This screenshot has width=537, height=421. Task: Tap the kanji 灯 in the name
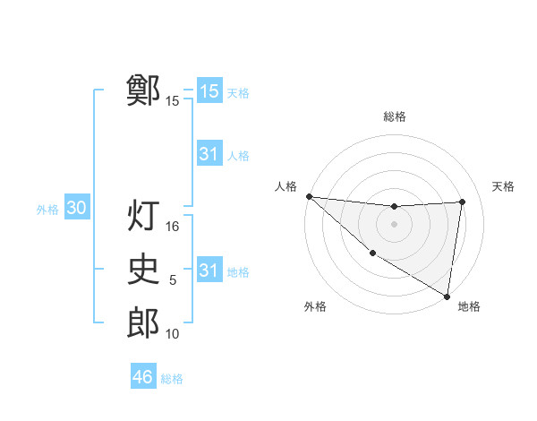click(x=143, y=215)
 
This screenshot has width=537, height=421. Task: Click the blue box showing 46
click(x=143, y=377)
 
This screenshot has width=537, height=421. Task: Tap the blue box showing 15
click(x=209, y=91)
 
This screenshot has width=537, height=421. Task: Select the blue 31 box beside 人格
click(x=209, y=154)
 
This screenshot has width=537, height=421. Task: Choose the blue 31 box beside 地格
click(x=209, y=271)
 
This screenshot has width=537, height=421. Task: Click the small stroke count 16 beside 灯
click(x=173, y=228)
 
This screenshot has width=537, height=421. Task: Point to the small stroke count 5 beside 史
click(x=173, y=280)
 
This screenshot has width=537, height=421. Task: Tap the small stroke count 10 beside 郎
click(x=173, y=334)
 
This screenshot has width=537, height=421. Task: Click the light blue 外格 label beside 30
click(x=47, y=210)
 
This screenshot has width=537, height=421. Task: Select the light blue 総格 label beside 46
click(x=172, y=379)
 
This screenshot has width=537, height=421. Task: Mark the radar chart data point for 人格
click(x=309, y=196)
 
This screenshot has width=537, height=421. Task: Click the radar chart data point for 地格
click(x=447, y=295)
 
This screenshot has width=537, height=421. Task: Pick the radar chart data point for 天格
click(x=462, y=202)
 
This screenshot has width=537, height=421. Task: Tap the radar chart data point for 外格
click(x=372, y=252)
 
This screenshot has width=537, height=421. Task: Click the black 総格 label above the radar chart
click(x=395, y=116)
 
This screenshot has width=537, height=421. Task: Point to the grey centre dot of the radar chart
click(x=394, y=224)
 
